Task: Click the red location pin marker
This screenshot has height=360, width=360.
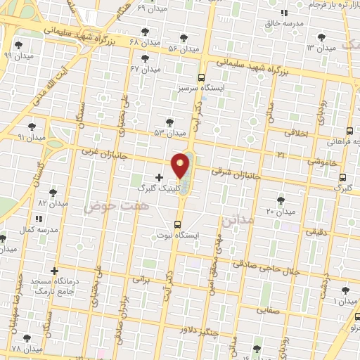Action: (x=181, y=165)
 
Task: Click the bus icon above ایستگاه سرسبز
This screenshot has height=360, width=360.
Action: (x=202, y=78)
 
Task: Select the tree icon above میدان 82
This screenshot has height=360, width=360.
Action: (x=53, y=192)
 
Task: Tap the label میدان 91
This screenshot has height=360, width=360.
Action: (x=31, y=138)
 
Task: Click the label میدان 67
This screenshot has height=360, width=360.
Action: (x=146, y=70)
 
